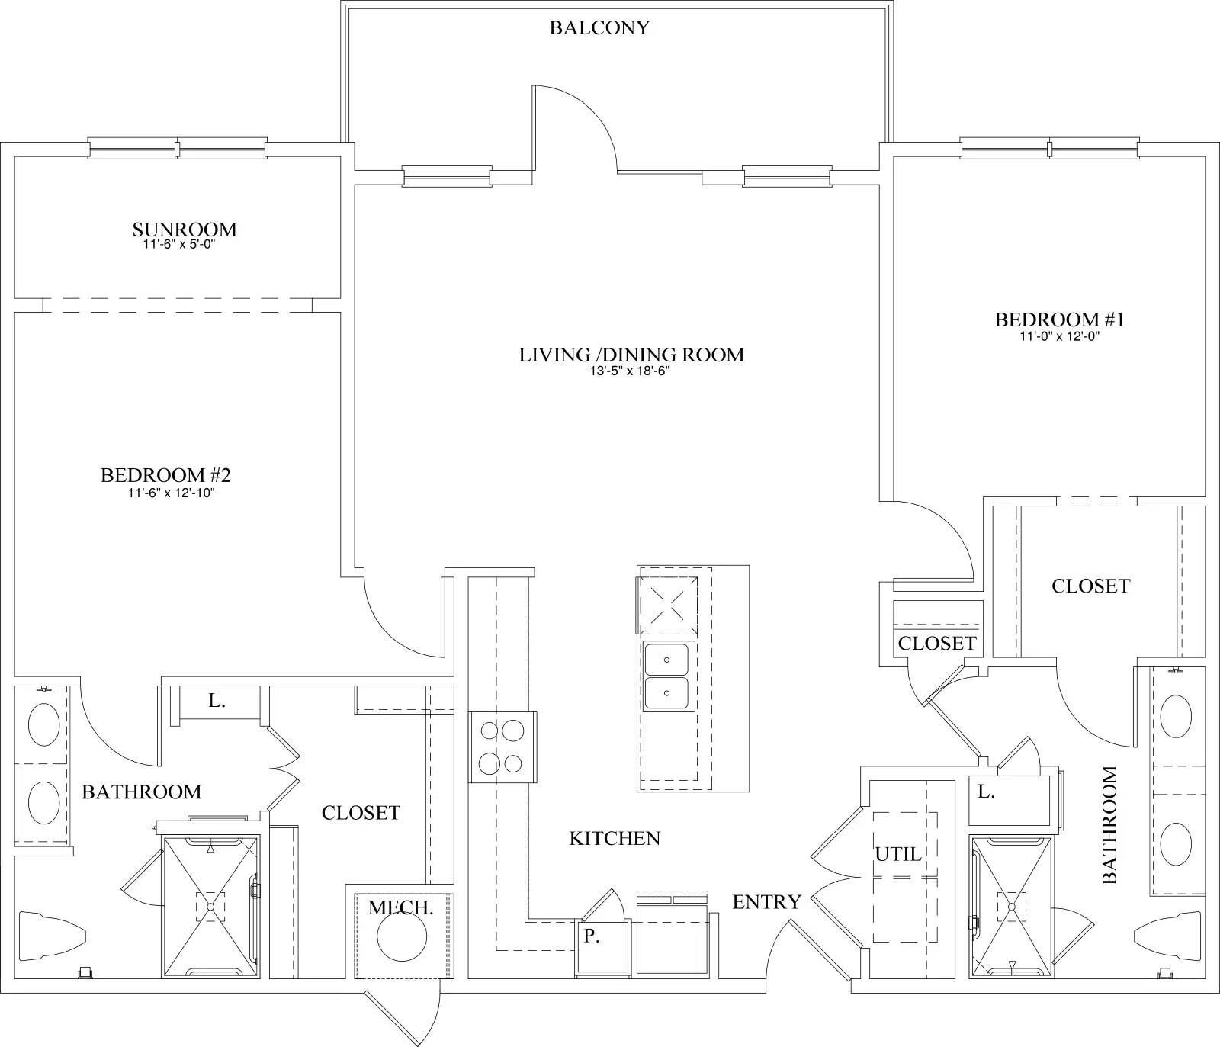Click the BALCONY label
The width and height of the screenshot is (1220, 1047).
coord(599,28)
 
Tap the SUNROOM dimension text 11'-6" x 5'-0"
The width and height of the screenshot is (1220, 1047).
coord(184,245)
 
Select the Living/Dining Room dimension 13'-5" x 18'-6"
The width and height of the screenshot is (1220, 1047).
coord(631,371)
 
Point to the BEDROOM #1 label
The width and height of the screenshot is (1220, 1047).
coord(1059,320)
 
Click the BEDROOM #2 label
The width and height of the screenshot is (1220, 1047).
coord(165,476)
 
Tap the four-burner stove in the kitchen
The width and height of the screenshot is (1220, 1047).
coord(502,747)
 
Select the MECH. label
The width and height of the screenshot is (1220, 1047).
coord(400,908)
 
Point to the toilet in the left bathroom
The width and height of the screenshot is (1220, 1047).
coord(50,933)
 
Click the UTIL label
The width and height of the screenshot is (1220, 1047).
coord(898,855)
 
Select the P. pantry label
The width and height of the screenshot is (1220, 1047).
coord(591,937)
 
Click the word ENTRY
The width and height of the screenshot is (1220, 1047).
coord(766,902)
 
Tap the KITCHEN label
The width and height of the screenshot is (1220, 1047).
coord(615,839)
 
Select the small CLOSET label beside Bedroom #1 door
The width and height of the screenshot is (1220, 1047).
coord(936,643)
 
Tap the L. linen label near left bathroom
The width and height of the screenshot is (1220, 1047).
coord(217,702)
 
